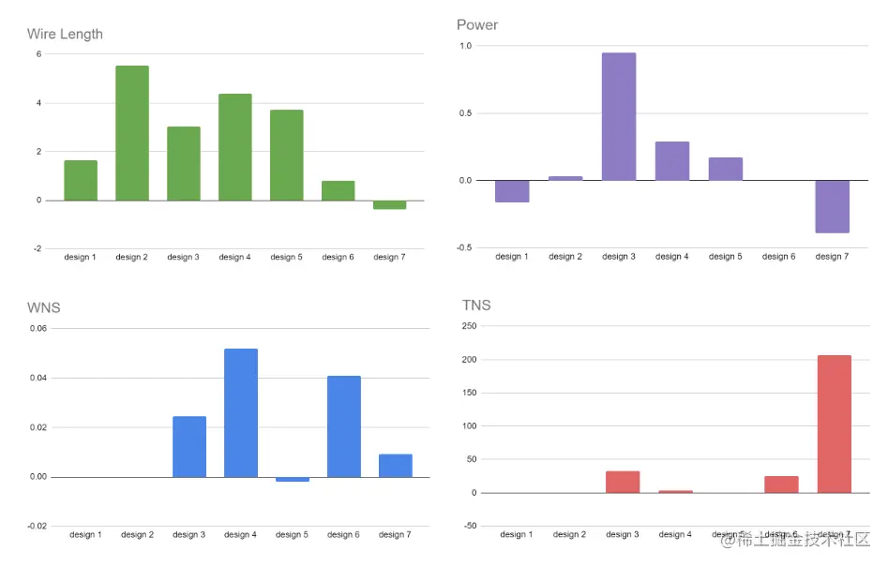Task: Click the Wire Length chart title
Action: pos(65,35)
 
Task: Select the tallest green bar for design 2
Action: pos(132,133)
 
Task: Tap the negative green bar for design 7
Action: pos(389,204)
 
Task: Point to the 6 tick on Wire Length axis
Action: pos(38,54)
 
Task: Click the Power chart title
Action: pos(477,25)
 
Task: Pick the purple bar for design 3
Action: pos(619,116)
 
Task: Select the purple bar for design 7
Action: pos(832,206)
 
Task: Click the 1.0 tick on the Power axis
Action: pos(466,46)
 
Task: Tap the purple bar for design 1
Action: pos(512,191)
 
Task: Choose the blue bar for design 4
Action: pos(241,412)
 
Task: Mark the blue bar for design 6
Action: pos(344,426)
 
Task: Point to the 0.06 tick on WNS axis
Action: pos(38,329)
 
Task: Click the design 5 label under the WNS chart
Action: pos(292,535)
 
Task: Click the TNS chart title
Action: pos(476,305)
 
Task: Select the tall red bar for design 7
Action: pos(834,424)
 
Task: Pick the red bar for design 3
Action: pos(623,482)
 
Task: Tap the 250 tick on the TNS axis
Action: pos(469,326)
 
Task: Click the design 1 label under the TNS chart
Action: pos(516,534)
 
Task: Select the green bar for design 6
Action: pos(338,190)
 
